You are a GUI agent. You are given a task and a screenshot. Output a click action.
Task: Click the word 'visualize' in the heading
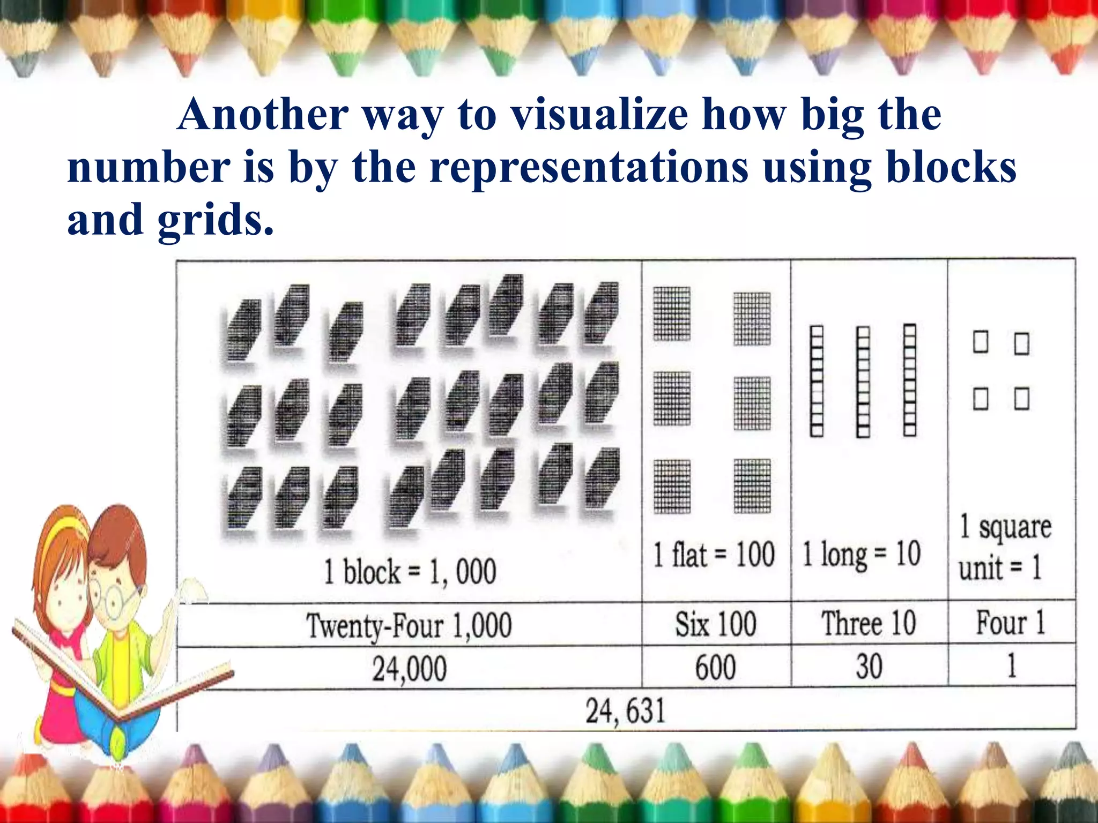[599, 115]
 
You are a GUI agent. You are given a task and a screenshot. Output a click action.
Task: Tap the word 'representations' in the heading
[589, 167]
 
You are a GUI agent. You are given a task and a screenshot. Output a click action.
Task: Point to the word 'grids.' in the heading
[216, 219]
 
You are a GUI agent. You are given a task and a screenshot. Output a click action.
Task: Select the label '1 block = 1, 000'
[410, 571]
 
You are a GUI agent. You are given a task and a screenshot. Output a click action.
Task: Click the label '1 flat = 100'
[714, 554]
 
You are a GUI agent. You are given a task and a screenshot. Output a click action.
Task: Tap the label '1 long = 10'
[861, 554]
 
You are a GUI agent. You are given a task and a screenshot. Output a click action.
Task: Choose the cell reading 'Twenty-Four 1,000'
[409, 625]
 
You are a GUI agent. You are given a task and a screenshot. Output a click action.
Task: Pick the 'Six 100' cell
[716, 624]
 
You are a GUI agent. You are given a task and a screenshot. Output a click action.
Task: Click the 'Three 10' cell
[869, 624]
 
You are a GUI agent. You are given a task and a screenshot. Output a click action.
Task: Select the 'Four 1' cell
[1011, 623]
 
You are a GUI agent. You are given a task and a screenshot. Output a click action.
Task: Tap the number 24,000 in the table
[410, 669]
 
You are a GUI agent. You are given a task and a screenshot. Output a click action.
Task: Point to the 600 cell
[716, 668]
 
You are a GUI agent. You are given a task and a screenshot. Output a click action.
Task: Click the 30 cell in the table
[869, 667]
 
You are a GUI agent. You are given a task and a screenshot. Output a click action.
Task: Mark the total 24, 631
[625, 711]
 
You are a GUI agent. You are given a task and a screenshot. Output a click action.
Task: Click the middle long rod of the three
[863, 382]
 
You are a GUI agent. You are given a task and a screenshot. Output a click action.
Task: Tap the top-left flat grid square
[672, 314]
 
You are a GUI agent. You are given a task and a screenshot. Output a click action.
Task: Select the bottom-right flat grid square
[752, 485]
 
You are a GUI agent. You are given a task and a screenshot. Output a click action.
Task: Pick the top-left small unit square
[981, 342]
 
